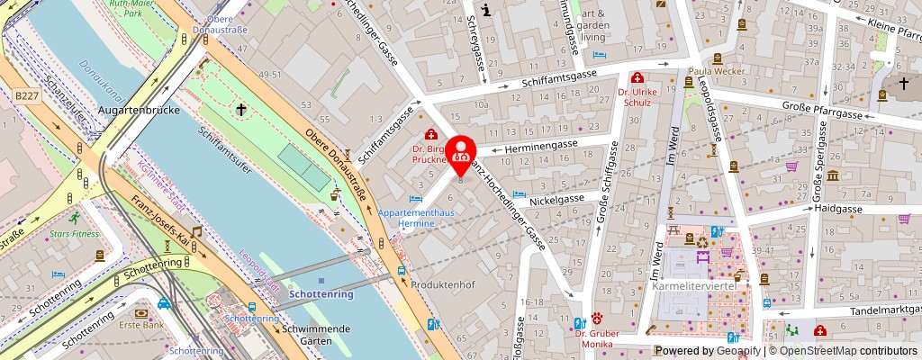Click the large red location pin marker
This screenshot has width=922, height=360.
(461, 154)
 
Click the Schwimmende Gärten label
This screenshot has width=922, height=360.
(316, 335)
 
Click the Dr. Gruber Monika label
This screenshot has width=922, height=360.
(594, 338)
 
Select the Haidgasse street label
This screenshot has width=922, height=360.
(837, 208)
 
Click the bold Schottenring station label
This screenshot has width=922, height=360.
(322, 294)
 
